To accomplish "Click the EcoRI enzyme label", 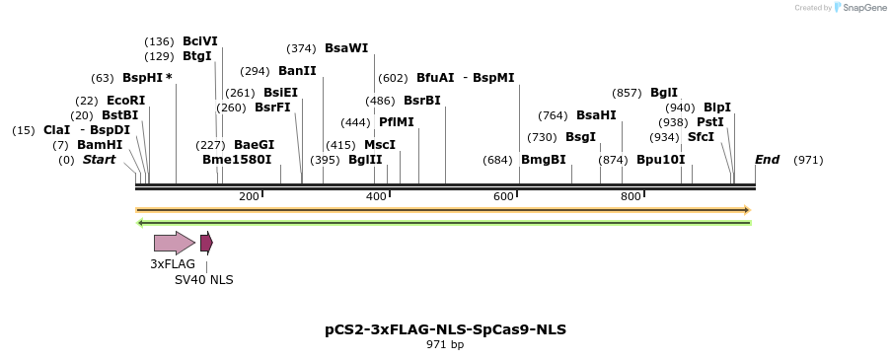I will click(x=125, y=101).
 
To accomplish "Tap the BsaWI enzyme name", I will click(x=345, y=48).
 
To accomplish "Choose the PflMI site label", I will click(x=397, y=122).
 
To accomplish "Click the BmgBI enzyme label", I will click(x=544, y=160).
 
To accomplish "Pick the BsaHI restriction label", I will click(x=596, y=115).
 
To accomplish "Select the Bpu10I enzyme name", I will click(x=660, y=160).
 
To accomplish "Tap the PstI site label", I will click(x=710, y=122).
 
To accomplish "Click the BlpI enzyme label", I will click(x=716, y=108).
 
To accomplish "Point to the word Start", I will click(x=99, y=160).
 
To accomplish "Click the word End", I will click(x=767, y=160).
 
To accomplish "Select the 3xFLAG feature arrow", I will click(x=174, y=243).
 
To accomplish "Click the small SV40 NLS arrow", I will click(x=206, y=243).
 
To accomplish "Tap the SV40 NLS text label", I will click(x=204, y=280).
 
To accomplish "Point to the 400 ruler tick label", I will click(x=376, y=197).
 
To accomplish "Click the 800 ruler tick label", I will click(x=631, y=197).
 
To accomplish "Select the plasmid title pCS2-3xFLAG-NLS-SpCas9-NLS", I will click(x=445, y=329).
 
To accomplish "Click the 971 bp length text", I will click(x=445, y=345).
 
